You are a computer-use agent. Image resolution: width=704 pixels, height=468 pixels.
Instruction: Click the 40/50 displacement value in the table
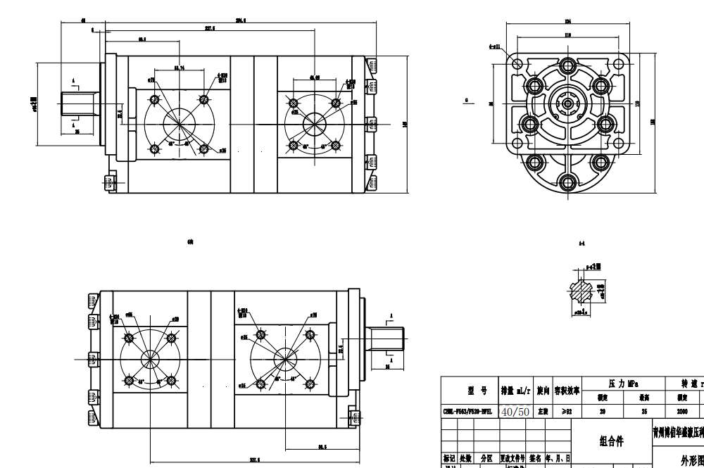515,411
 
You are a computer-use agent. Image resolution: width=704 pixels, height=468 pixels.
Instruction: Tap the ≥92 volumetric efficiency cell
567,411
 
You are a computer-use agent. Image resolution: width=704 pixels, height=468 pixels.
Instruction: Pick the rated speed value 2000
682,411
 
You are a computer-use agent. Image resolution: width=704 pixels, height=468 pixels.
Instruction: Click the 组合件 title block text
611,441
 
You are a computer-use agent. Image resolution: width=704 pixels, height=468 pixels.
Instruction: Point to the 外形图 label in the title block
692,460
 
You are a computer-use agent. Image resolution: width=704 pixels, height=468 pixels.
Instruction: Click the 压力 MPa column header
622,384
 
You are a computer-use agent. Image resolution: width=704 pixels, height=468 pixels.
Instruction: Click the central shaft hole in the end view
567,103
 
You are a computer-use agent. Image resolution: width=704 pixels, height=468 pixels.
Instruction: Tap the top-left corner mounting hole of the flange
518,64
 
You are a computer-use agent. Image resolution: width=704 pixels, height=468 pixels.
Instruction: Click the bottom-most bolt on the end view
567,182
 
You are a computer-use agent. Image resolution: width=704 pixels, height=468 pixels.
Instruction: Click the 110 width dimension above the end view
567,35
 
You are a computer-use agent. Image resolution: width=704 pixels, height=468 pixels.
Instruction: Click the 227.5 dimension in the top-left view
210,29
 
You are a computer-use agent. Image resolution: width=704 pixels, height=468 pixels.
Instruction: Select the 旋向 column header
543,391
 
